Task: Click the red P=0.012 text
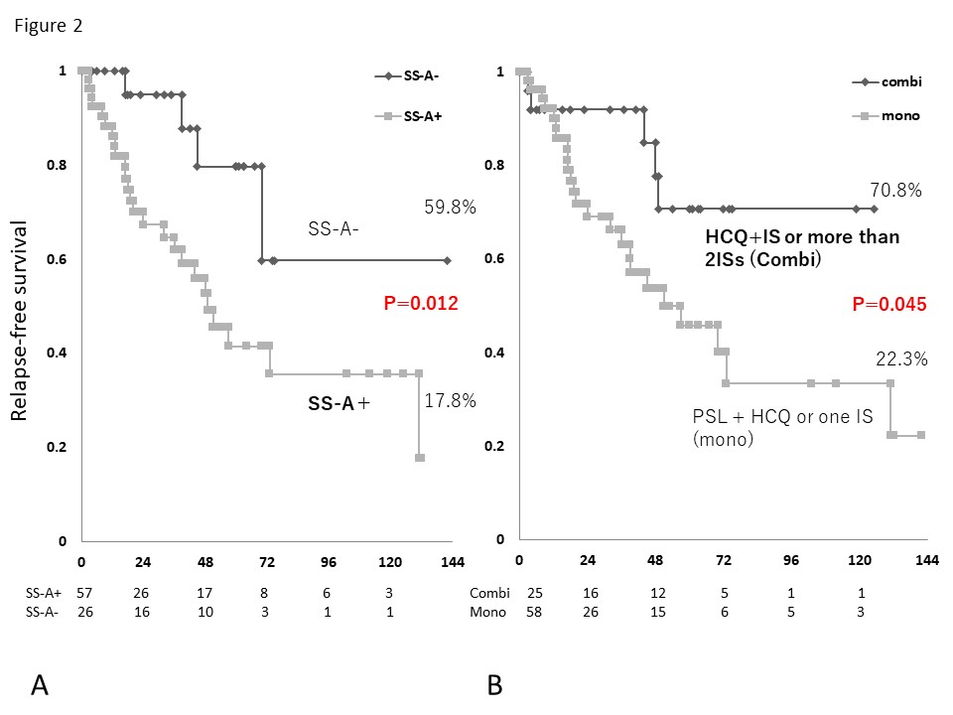(420, 304)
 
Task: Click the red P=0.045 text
(888, 305)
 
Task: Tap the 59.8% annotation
(450, 208)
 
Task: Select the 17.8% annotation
(450, 401)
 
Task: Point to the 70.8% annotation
(896, 191)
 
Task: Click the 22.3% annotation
(900, 359)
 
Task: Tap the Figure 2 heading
(48, 27)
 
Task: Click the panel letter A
(41, 684)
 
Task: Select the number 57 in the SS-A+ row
(83, 591)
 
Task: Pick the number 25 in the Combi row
(534, 592)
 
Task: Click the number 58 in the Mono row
(534, 612)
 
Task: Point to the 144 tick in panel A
(452, 563)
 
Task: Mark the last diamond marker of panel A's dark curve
(447, 260)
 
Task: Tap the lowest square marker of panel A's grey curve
(420, 458)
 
